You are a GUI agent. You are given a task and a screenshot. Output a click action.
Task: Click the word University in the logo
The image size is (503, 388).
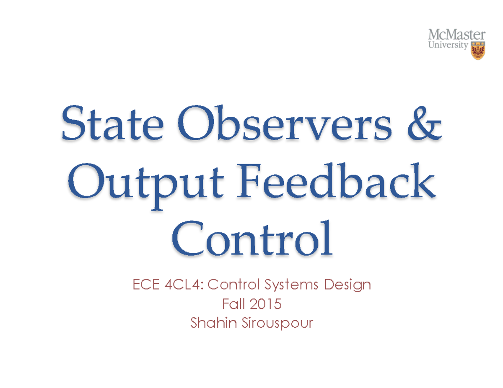pyautogui.click(x=446, y=45)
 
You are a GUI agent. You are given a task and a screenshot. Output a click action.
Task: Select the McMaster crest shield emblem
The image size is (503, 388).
pyautogui.click(x=477, y=51)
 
